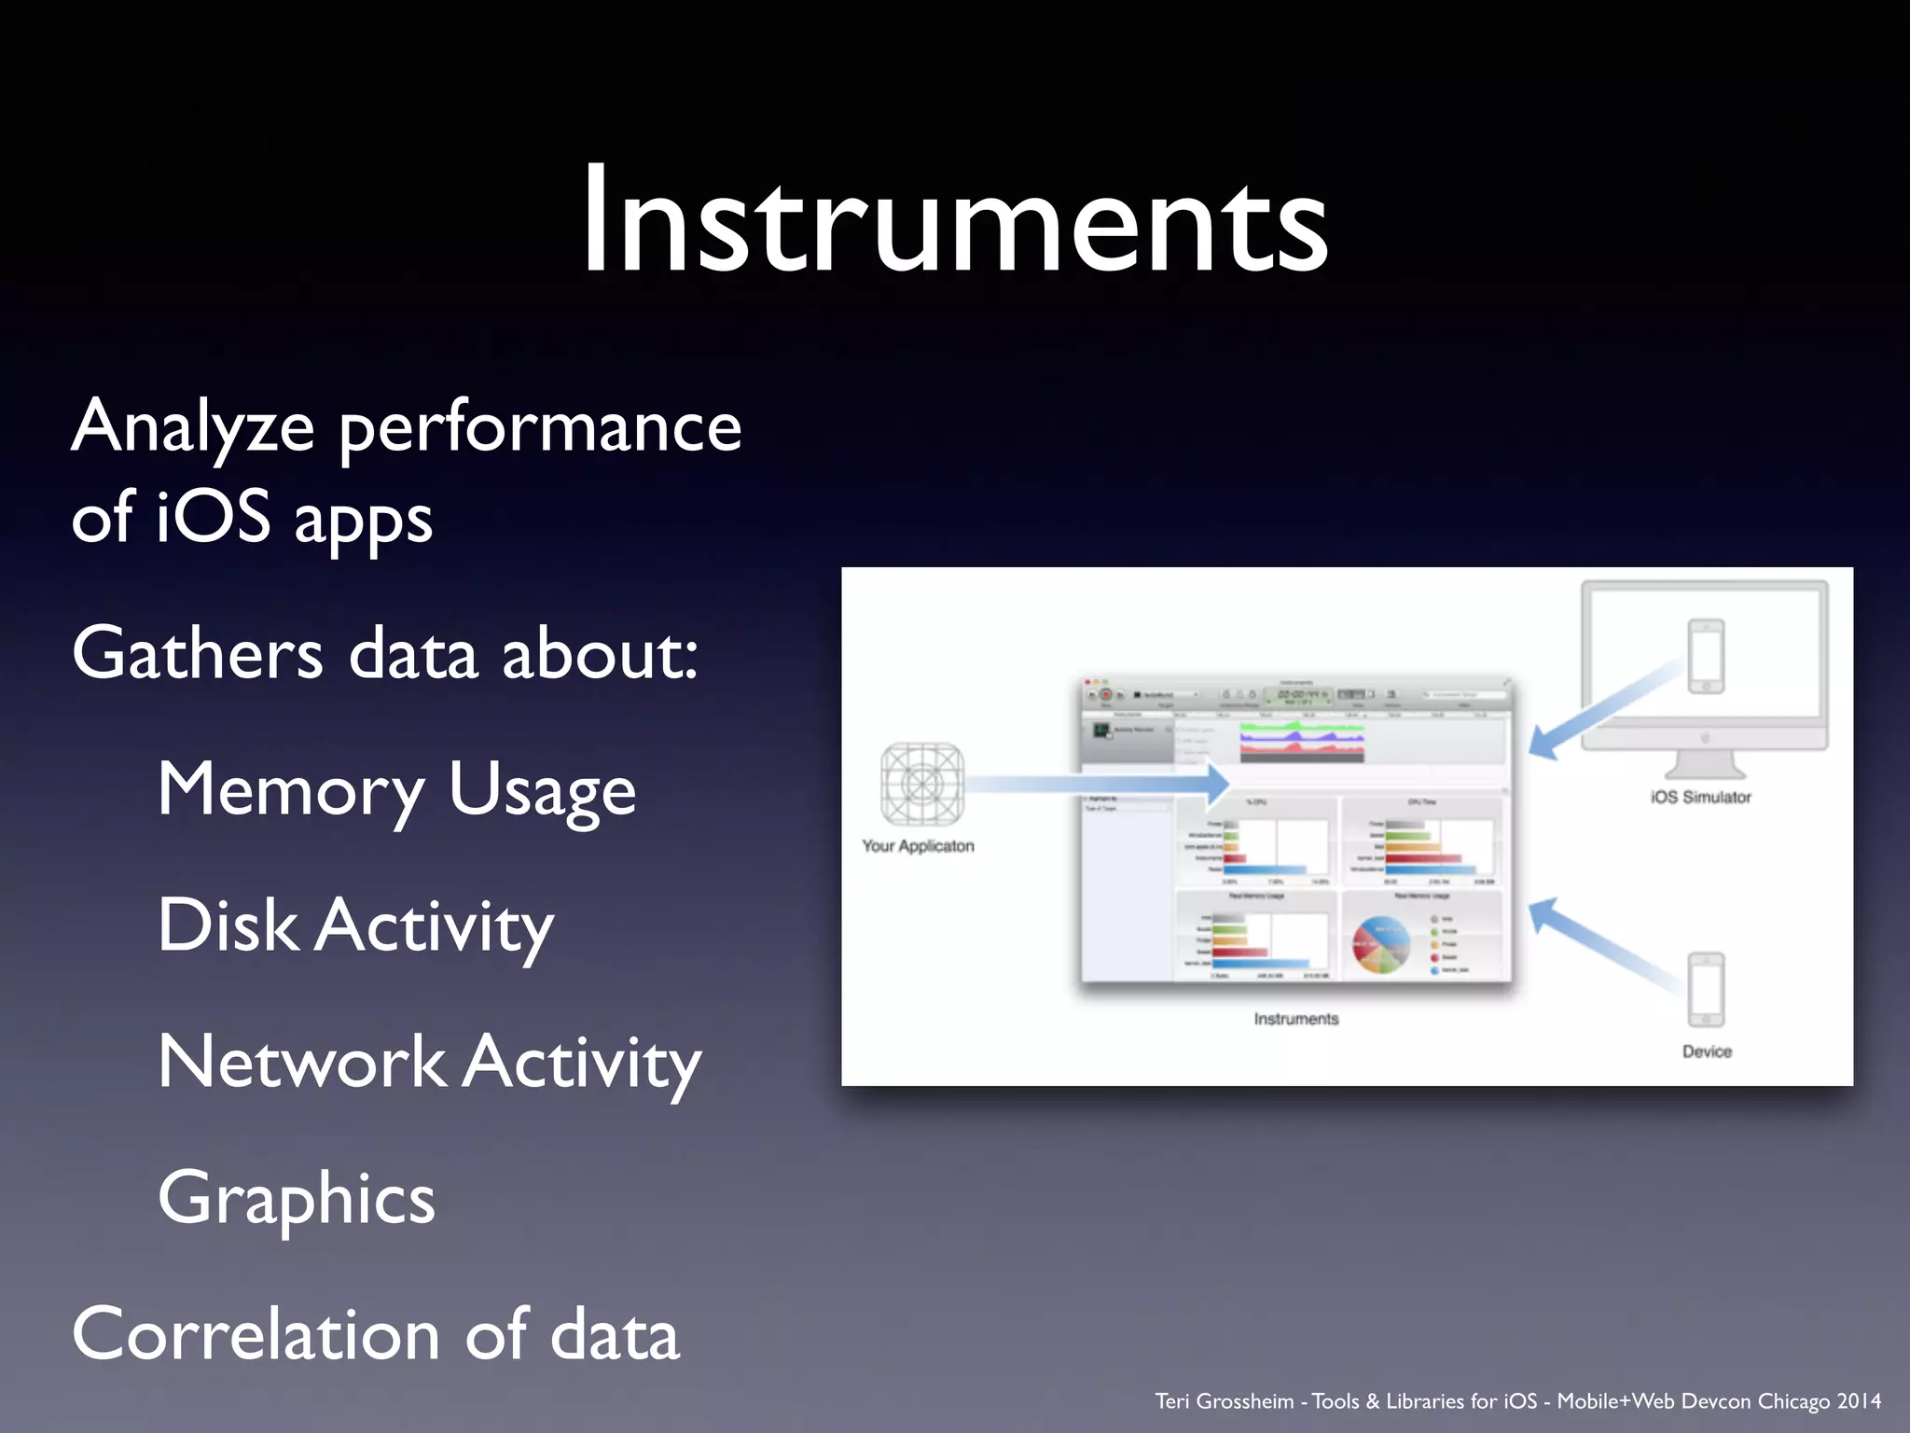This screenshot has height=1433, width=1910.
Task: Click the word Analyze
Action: pyautogui.click(x=192, y=427)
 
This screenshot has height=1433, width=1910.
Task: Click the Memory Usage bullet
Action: pyautogui.click(x=396, y=790)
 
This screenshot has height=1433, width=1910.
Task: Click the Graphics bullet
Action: pyautogui.click(x=297, y=1198)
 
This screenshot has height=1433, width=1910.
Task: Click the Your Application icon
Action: pyautogui.click(x=921, y=785)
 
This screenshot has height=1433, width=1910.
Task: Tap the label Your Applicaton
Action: pyautogui.click(x=918, y=846)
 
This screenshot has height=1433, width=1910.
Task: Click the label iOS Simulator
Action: pyautogui.click(x=1700, y=798)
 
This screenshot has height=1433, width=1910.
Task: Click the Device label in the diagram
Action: pyautogui.click(x=1707, y=1051)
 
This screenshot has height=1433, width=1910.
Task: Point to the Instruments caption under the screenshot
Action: pyautogui.click(x=1295, y=1019)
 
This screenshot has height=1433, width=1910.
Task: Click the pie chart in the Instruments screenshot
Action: pyautogui.click(x=1381, y=944)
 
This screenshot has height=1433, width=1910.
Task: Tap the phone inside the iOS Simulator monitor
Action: pyautogui.click(x=1706, y=656)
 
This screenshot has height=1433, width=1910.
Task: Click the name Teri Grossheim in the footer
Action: pyautogui.click(x=1224, y=1401)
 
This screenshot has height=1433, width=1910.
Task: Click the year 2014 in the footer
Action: pyautogui.click(x=1858, y=1401)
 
